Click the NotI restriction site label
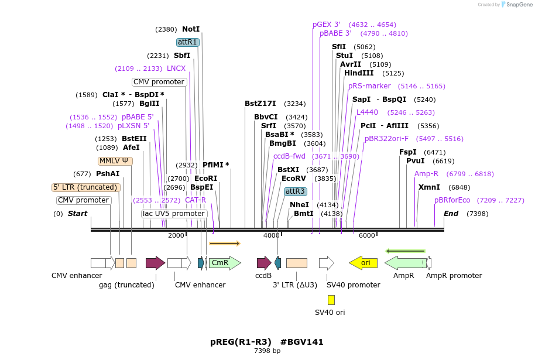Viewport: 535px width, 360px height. (191, 29)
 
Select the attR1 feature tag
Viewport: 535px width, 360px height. (188, 42)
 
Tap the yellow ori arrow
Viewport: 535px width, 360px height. (363, 263)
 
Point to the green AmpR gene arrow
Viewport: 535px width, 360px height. (404, 263)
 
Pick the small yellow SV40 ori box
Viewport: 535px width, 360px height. (331, 300)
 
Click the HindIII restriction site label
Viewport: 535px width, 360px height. (358, 73)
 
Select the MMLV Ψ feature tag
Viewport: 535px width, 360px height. (115, 161)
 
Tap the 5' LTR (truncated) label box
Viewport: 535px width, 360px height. (86, 187)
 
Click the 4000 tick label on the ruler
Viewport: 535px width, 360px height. (271, 235)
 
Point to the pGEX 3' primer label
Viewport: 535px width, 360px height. (326, 25)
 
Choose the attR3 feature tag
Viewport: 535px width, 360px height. (295, 191)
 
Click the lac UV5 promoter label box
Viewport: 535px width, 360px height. (174, 214)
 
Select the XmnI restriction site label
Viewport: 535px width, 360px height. (428, 187)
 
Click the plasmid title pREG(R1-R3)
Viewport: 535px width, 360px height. (241, 342)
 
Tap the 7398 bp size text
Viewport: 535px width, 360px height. (267, 351)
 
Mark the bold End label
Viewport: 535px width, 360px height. (451, 214)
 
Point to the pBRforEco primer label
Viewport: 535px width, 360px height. (452, 200)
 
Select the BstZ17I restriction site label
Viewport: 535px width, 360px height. (260, 104)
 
